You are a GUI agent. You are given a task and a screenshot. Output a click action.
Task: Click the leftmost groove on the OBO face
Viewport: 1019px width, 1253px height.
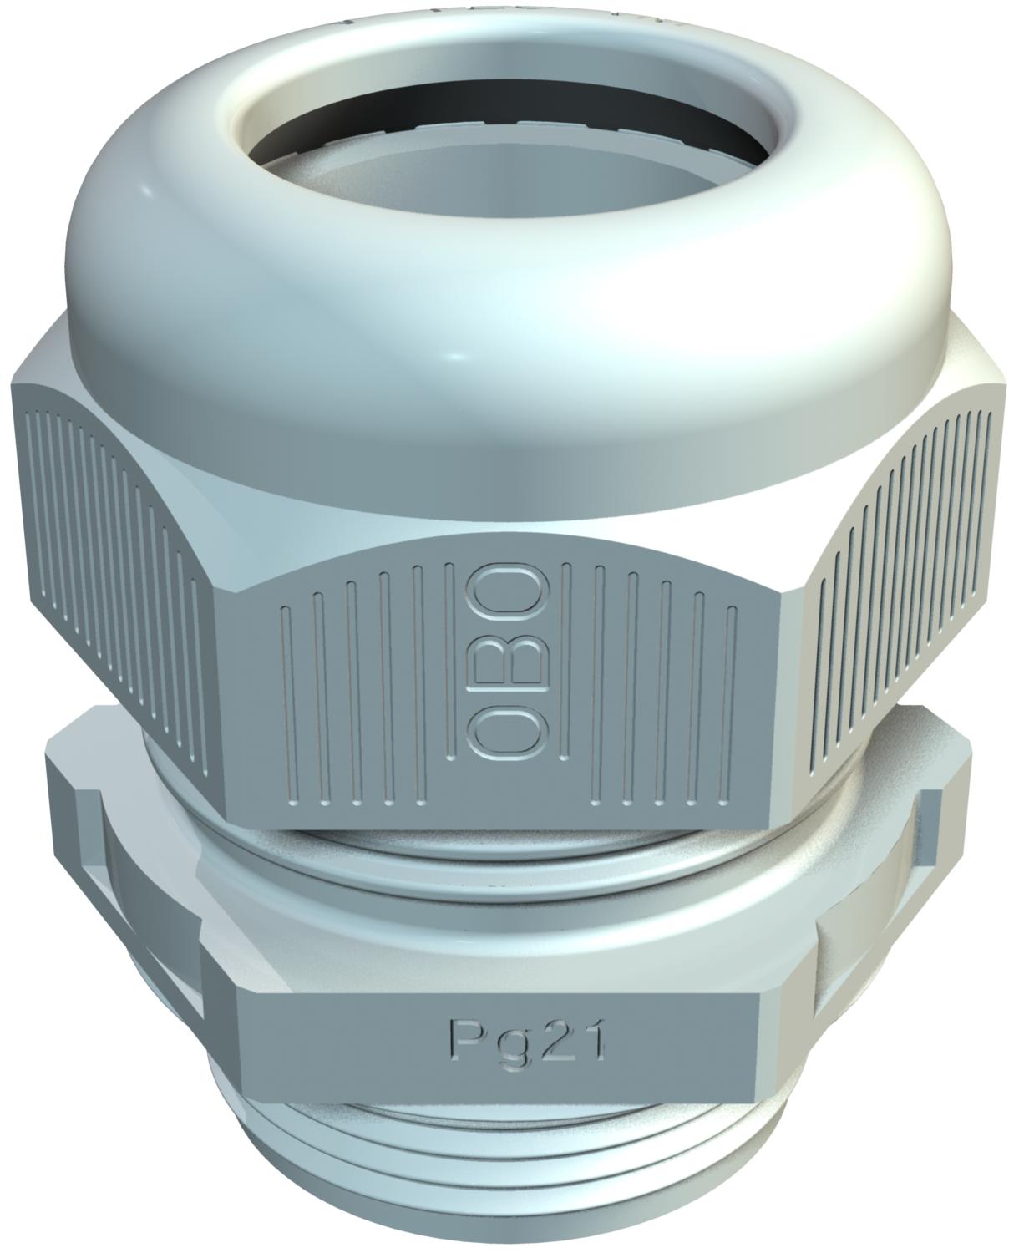coord(284,710)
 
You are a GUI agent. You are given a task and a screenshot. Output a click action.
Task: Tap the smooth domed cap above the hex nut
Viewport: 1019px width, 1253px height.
coord(209,276)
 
